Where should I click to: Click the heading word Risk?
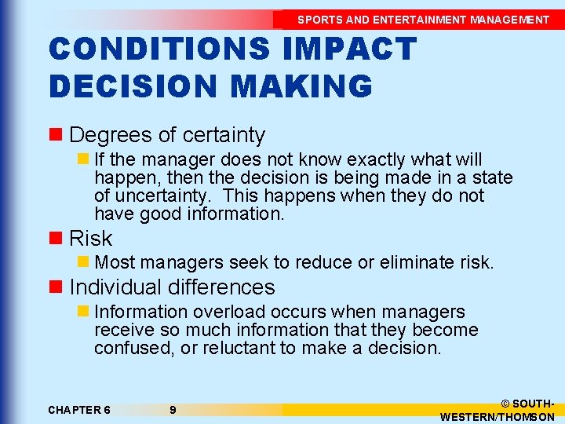[91, 238]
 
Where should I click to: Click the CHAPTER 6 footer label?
[79, 410]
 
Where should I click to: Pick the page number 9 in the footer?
[173, 410]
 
